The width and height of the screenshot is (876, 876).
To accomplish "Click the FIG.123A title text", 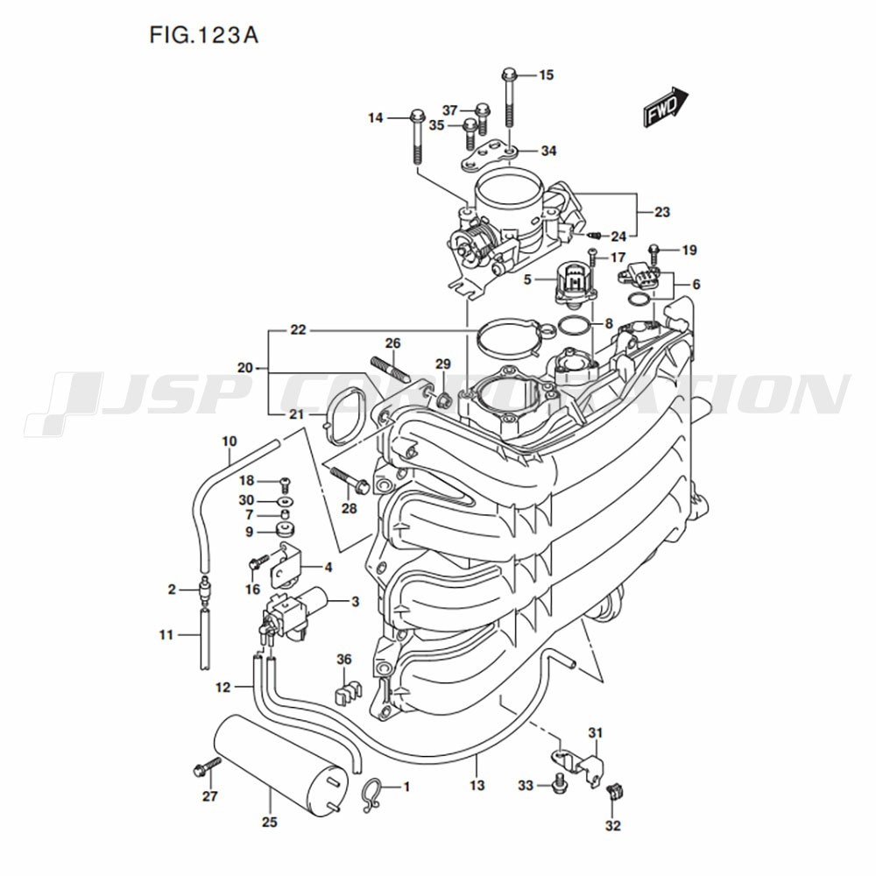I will [x=203, y=36].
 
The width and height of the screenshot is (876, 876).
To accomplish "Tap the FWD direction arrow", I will [x=667, y=109].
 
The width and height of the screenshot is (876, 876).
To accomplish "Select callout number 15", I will [x=546, y=75].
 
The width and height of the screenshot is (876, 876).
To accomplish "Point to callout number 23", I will [x=661, y=212].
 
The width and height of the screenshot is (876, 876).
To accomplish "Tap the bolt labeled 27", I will [x=202, y=769].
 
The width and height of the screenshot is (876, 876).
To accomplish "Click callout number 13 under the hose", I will [x=477, y=786].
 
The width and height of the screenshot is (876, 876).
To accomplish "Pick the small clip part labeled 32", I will [x=615, y=792].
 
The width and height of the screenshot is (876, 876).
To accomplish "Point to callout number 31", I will [x=596, y=732].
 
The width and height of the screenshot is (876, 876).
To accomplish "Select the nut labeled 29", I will [x=444, y=399].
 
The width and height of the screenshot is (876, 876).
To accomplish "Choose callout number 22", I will [x=299, y=330].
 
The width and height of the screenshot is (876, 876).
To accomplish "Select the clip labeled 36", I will [x=348, y=692].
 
